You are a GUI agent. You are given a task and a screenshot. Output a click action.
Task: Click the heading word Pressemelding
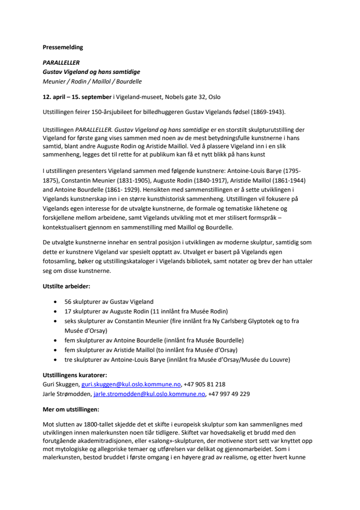coord(63,47)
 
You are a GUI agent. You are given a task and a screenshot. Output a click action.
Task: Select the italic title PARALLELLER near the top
coord(61,63)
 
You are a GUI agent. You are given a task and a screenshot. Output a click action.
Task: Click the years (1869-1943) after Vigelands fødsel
coord(268,113)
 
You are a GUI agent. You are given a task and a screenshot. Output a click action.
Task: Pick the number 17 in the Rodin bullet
coord(68,311)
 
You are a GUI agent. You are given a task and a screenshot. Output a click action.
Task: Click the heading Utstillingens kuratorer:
coord(75,375)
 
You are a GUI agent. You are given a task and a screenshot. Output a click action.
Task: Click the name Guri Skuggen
coord(60,384)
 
